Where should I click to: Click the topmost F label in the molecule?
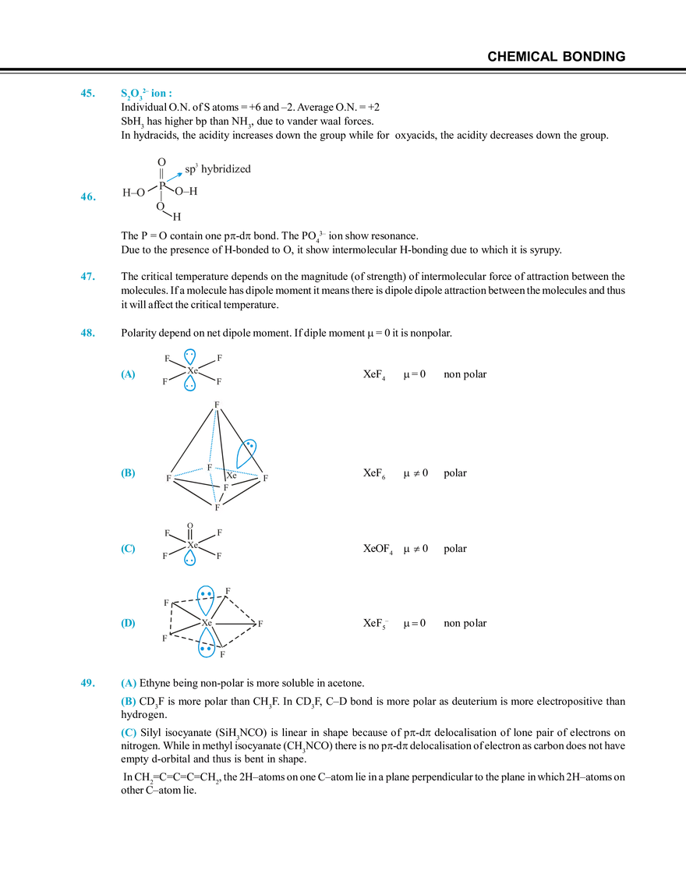point(217,405)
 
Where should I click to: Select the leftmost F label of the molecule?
point(168,477)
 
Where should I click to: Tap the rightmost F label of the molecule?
point(266,476)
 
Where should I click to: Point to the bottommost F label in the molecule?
point(217,508)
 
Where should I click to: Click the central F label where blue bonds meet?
point(210,466)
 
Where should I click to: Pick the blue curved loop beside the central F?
point(249,450)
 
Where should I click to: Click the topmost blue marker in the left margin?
point(87,94)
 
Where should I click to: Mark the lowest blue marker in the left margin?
point(87,684)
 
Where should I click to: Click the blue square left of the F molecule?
point(128,472)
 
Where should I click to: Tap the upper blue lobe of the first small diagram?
point(189,355)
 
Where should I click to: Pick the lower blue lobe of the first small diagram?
point(189,384)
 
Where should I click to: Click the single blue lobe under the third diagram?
point(189,558)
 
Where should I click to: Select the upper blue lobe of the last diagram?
point(204,596)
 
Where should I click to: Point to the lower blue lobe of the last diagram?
point(206,646)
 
